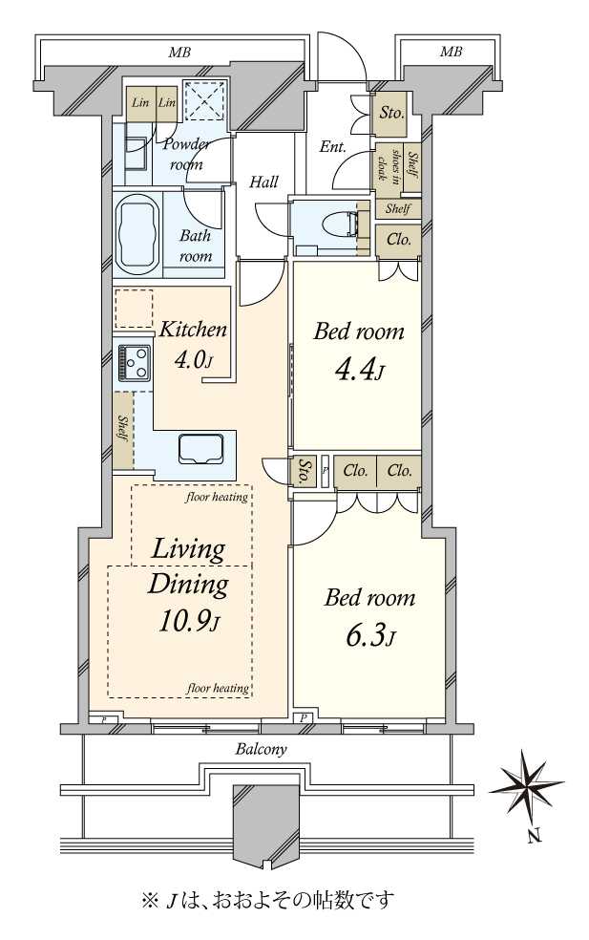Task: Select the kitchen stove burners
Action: (x=134, y=362)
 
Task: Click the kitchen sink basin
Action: (x=202, y=448)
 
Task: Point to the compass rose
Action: (x=526, y=784)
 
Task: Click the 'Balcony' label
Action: (x=262, y=749)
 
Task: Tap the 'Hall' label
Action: (x=263, y=182)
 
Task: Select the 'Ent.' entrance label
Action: (x=332, y=146)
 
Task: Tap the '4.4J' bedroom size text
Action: (x=360, y=371)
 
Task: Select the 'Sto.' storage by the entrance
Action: (x=391, y=112)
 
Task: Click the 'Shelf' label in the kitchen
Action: (x=123, y=428)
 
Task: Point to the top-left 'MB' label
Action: (x=179, y=53)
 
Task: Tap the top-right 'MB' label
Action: (x=452, y=53)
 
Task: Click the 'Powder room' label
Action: (x=186, y=154)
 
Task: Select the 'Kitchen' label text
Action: (x=193, y=330)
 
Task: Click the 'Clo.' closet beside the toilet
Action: (x=399, y=240)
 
